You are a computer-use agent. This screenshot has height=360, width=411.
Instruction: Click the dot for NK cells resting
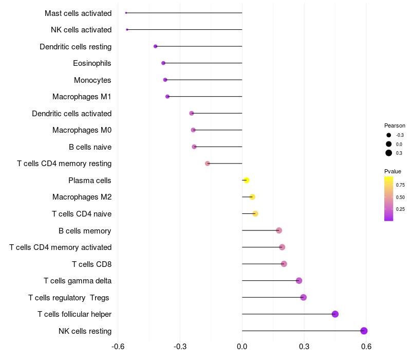pos(364,331)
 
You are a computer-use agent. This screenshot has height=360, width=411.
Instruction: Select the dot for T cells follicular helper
pos(335,314)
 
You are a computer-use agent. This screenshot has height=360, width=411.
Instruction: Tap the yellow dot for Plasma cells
pos(247,180)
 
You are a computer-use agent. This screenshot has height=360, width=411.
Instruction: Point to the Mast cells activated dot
pos(126,13)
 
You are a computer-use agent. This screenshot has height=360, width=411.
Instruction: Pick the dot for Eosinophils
pos(163,63)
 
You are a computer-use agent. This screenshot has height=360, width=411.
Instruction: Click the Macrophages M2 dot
pos(252,197)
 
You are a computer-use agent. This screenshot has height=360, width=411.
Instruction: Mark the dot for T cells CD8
pos(284,264)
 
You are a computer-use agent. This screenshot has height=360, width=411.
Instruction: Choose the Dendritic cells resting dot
pos(156,46)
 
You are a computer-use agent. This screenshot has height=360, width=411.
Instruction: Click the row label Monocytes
pos(92,80)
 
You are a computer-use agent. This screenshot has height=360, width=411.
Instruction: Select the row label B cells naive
pos(90,147)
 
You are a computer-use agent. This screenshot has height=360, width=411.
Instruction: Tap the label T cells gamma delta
pos(78,280)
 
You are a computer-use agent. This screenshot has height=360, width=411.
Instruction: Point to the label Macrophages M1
pos(82,97)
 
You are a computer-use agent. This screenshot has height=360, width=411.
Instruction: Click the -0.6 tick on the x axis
pos(118,347)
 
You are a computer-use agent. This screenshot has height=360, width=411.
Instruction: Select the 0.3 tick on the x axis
pos(304,347)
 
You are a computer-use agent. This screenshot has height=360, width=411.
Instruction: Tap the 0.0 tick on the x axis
pos(242,347)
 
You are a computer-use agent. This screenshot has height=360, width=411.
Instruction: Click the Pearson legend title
pos(395,125)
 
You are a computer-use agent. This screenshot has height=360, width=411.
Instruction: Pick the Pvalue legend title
pos(393,171)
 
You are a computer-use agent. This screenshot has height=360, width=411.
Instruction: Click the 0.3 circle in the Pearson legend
pos(389,153)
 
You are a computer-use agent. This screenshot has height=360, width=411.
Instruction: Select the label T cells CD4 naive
pos(82,213)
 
